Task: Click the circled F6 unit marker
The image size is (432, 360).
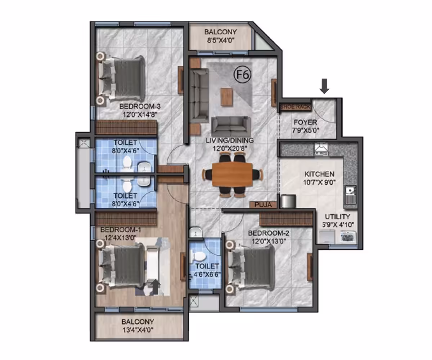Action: (242, 75)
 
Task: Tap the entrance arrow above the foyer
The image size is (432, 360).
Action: (324, 86)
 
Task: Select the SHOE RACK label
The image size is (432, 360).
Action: (295, 107)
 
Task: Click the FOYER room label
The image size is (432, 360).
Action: (305, 122)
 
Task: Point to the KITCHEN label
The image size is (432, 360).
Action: (319, 174)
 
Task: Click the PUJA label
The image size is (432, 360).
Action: (263, 204)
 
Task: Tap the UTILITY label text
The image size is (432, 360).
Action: (337, 217)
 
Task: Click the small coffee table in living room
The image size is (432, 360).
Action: (226, 97)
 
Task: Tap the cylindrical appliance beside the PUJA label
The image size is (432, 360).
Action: (289, 201)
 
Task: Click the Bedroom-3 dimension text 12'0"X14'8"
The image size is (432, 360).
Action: (140, 114)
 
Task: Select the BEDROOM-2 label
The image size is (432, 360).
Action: (268, 233)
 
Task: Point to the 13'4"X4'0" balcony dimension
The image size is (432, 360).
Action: (138, 330)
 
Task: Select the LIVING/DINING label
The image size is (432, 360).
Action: (230, 140)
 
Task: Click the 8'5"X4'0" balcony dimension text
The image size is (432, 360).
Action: (221, 40)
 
